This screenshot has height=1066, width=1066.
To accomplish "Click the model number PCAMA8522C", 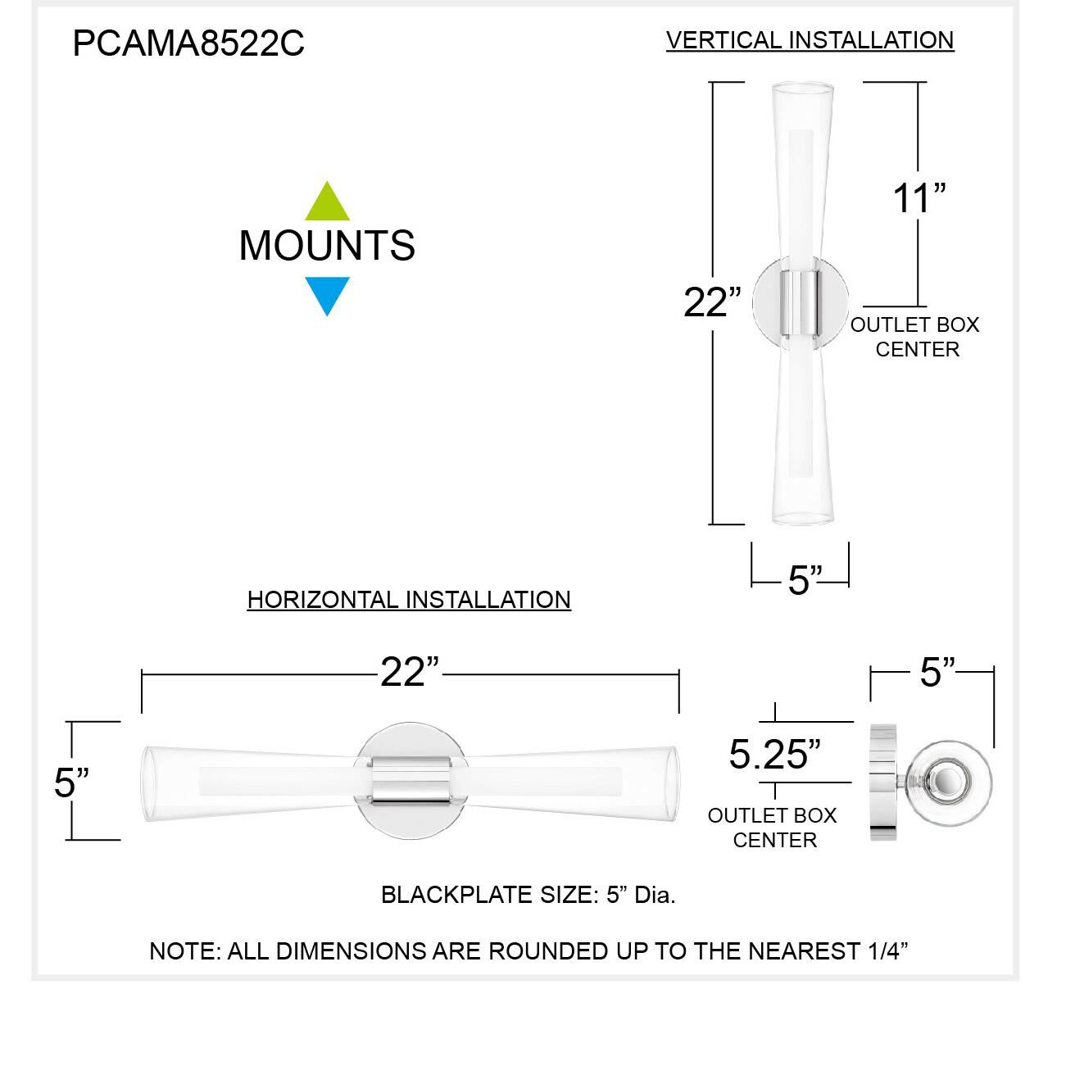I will tap(188, 43).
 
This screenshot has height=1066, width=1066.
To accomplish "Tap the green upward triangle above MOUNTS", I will tap(327, 203).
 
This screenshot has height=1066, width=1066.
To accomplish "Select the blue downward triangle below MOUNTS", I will tap(327, 294).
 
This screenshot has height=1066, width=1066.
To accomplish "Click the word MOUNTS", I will tap(327, 246).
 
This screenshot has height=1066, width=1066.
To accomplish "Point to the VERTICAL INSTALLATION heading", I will tap(810, 40).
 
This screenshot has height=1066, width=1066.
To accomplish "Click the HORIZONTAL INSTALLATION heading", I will tap(409, 600).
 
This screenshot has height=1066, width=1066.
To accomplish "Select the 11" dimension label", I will tap(919, 199).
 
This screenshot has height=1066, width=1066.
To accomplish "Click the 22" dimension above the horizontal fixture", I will tap(410, 673).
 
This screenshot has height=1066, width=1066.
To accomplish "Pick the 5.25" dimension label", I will tap(774, 754).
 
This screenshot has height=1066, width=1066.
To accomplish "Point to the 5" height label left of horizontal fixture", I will tap(71, 782).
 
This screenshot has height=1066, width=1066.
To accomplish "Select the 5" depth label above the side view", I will tap(937, 673).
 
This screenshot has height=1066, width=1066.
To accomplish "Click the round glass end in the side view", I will tap(950, 780).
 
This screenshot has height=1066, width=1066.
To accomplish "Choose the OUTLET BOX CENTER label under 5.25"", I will tap(773, 828).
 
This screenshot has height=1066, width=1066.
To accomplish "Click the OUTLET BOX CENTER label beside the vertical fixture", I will tap(915, 337).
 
